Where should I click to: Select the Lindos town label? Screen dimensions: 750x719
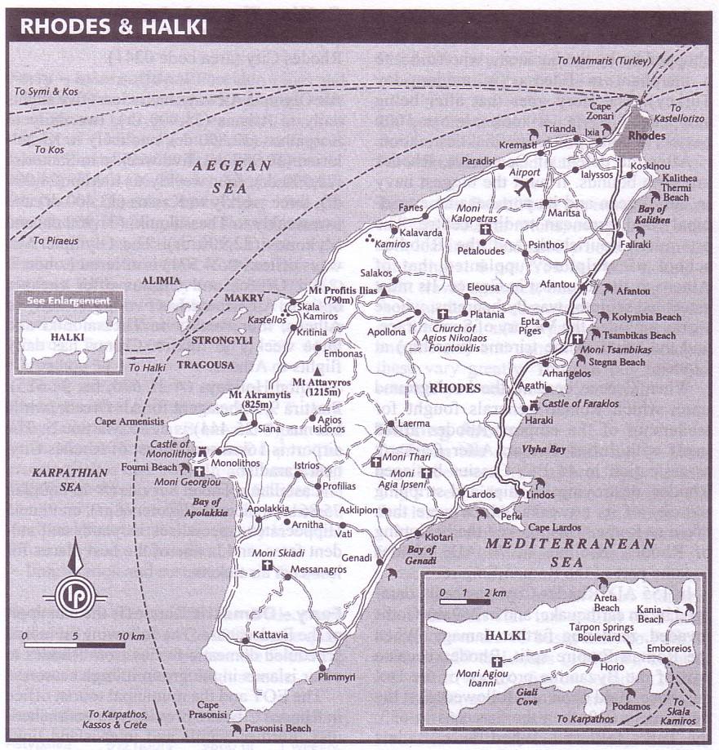click(541, 495)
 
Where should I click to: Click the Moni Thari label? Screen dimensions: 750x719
click(396, 458)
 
